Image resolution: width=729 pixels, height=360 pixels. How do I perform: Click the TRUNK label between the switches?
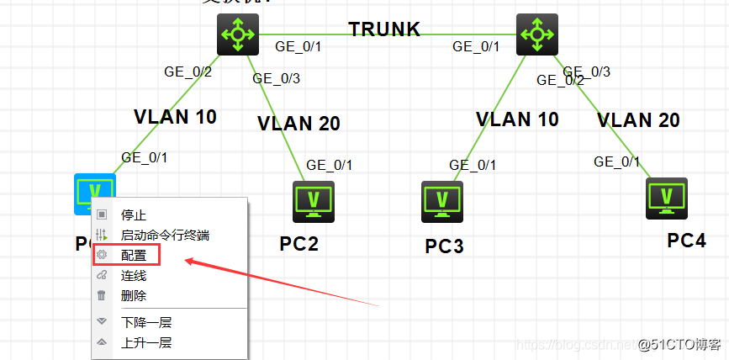(x=384, y=29)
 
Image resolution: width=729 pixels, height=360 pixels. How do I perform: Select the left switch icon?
(x=238, y=34)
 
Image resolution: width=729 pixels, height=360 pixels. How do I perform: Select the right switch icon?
(x=536, y=34)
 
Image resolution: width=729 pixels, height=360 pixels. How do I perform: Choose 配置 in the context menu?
(x=133, y=255)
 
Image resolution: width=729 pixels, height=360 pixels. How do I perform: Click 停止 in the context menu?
(x=133, y=215)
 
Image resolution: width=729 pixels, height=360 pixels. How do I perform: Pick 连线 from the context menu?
(x=133, y=275)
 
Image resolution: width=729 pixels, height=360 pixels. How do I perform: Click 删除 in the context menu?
(x=133, y=295)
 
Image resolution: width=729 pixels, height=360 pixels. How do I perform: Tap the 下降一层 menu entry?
(x=146, y=322)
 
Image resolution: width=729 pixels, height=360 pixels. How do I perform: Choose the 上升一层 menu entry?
(x=146, y=342)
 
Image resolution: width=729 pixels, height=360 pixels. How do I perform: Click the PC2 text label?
(x=299, y=244)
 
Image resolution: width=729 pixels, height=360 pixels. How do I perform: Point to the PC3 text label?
(x=444, y=246)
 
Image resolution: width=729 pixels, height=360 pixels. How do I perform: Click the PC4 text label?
(x=687, y=241)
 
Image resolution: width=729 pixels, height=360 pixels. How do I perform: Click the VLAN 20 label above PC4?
(x=638, y=120)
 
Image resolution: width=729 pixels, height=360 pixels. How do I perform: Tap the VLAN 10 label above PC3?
(x=517, y=119)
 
